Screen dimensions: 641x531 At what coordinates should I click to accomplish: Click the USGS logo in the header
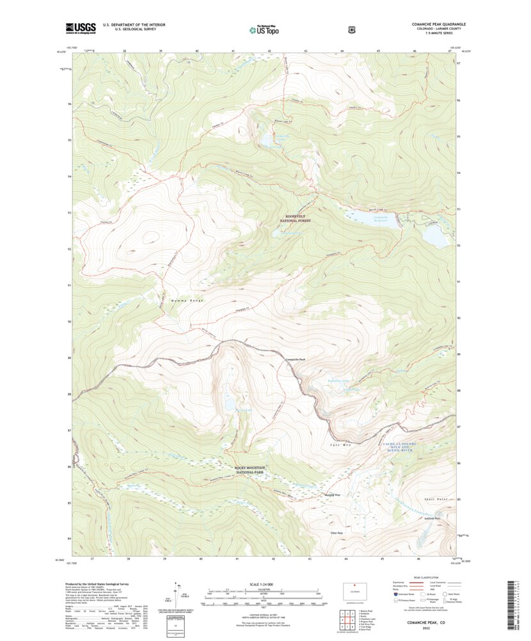pyautogui.click(x=80, y=28)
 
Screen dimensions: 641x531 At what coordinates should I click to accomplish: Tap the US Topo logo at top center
pyautogui.click(x=264, y=29)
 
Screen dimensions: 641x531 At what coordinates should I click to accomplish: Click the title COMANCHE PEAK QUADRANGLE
pyautogui.click(x=438, y=24)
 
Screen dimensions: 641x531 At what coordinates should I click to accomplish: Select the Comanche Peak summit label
pyautogui.click(x=295, y=360)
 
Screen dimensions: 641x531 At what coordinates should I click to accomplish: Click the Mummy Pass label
pyautogui.click(x=333, y=496)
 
